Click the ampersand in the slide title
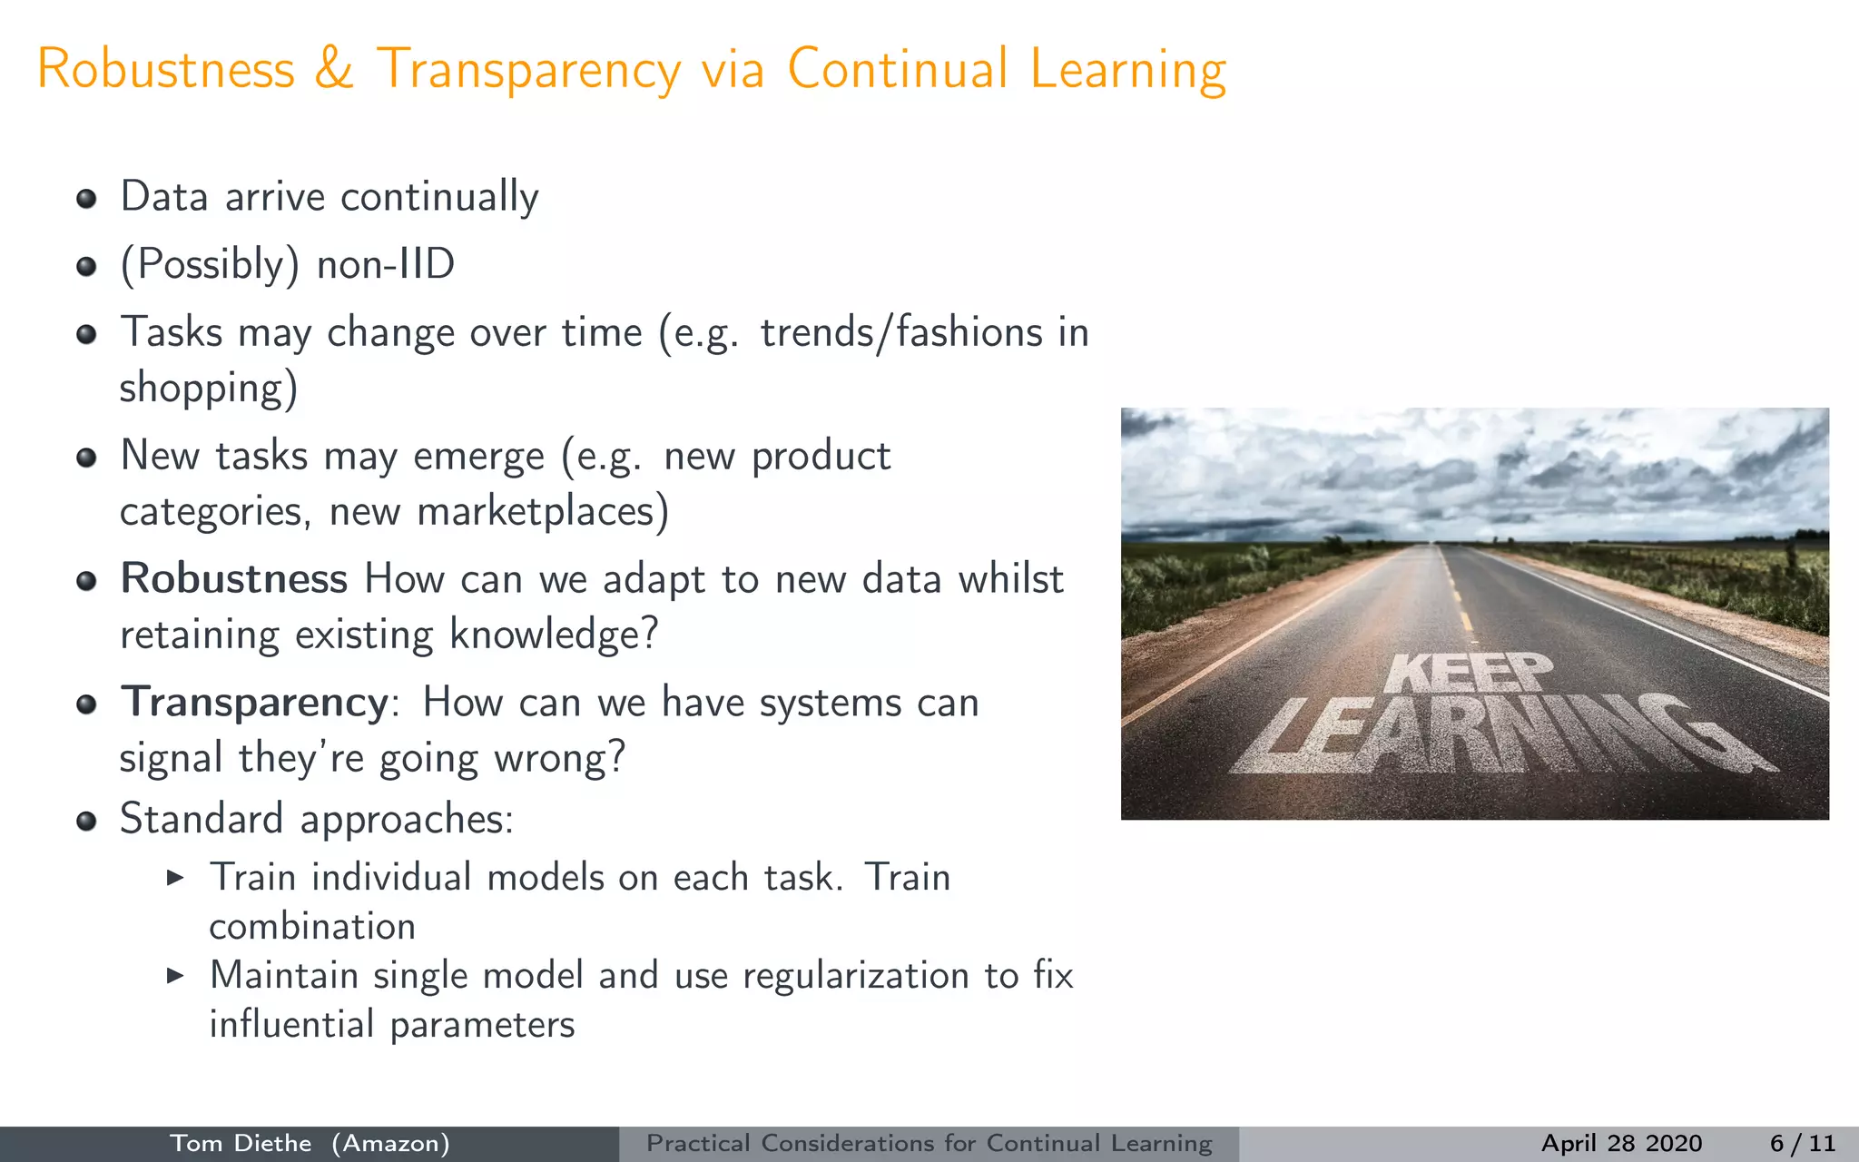coord(334,69)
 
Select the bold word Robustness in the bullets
coord(234,579)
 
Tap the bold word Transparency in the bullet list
coord(255,704)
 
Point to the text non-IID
coord(386,265)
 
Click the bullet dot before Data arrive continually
coord(87,200)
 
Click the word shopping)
coord(209,389)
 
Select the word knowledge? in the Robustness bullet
coord(554,635)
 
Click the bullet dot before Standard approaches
coord(87,822)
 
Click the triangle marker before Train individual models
coord(176,878)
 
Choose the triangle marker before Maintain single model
coord(176,976)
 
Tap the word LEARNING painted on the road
coord(1498,735)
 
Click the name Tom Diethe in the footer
coord(241,1144)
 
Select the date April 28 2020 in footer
coord(1621,1144)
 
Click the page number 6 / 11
coord(1803,1144)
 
